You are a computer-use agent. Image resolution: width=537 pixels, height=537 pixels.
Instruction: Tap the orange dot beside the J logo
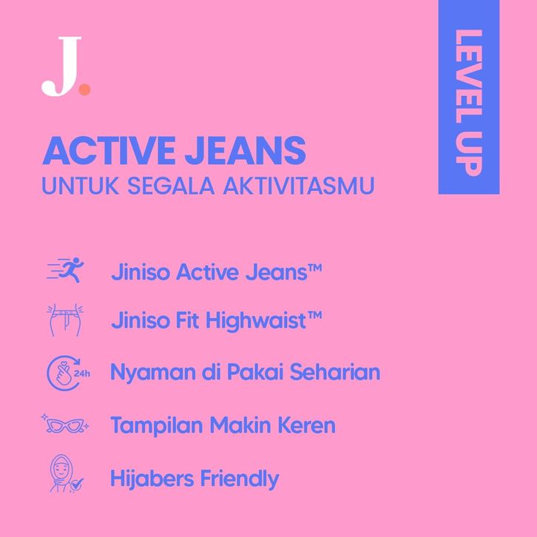click(x=84, y=89)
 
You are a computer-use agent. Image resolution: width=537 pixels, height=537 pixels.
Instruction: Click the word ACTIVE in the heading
click(x=109, y=150)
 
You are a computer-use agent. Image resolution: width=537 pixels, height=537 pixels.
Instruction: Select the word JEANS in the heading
click(x=246, y=150)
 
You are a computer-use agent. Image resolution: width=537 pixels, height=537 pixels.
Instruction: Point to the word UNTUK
click(x=81, y=186)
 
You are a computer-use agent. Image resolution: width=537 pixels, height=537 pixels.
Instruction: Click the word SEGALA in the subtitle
click(x=171, y=186)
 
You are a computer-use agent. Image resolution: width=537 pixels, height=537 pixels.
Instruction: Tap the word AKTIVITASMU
click(x=299, y=186)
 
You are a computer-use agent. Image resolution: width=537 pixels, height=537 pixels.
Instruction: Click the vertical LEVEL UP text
click(x=469, y=103)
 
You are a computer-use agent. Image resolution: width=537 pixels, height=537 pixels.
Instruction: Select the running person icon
click(x=65, y=270)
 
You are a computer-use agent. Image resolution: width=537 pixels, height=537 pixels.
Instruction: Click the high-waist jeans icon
click(x=65, y=320)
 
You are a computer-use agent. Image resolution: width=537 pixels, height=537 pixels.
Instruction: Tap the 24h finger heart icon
click(x=68, y=373)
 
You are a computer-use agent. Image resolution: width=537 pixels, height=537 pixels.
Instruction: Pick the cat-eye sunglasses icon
click(x=65, y=425)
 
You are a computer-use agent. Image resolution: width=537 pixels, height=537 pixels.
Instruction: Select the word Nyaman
click(x=154, y=373)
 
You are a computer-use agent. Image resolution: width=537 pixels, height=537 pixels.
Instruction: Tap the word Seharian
click(x=335, y=371)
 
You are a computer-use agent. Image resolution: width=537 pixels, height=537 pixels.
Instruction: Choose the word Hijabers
click(x=152, y=479)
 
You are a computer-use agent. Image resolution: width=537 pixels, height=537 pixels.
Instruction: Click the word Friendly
click(x=240, y=479)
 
